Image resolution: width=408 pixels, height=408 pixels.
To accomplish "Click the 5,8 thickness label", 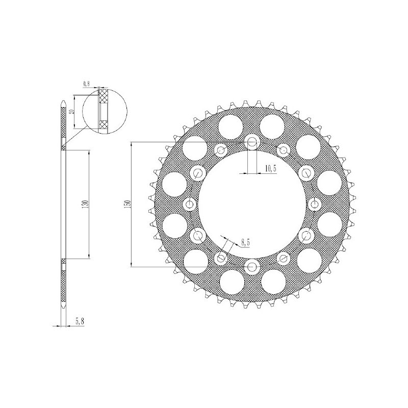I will click(x=80, y=321).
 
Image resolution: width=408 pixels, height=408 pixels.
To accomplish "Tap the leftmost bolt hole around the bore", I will click(x=190, y=205).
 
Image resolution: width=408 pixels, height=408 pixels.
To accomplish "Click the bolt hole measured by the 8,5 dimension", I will click(x=221, y=258).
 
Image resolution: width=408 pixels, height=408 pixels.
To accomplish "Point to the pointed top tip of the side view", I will click(x=63, y=100).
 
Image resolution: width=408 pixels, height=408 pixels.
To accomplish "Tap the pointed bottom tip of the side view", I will click(x=63, y=309).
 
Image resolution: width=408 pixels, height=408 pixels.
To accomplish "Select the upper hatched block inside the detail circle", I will click(x=104, y=95).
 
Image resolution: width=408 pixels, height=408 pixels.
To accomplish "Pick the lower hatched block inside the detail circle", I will click(x=104, y=123).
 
